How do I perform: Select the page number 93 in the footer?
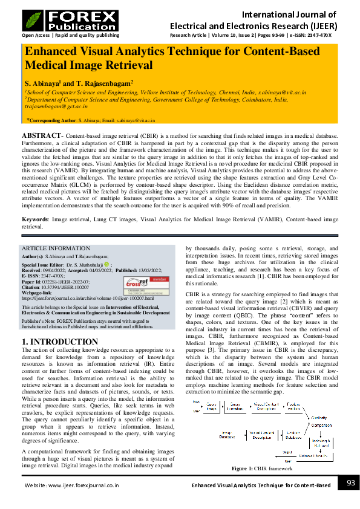tap(349, 483)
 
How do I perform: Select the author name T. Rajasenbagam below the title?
tap(104, 82)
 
